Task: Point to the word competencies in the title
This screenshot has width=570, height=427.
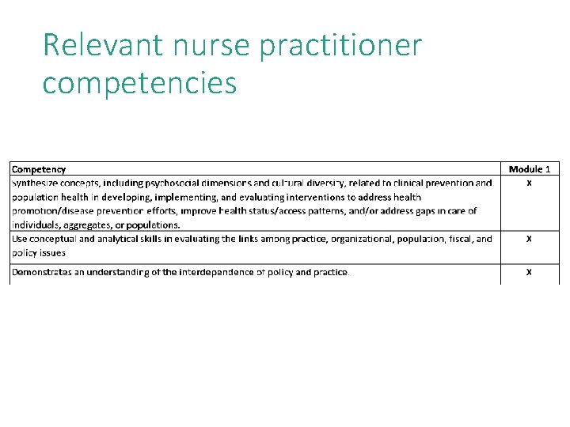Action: pos(139,83)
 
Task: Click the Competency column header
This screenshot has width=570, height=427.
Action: pos(39,169)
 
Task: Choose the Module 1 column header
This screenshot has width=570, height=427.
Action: pos(530,169)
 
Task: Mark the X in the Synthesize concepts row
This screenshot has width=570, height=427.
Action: pos(529,183)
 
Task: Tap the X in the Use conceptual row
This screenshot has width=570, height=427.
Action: pos(529,238)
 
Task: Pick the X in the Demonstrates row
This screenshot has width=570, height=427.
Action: pos(529,272)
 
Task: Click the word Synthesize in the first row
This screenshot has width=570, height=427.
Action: pos(34,183)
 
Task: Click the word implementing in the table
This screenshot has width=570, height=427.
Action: pos(189,197)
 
